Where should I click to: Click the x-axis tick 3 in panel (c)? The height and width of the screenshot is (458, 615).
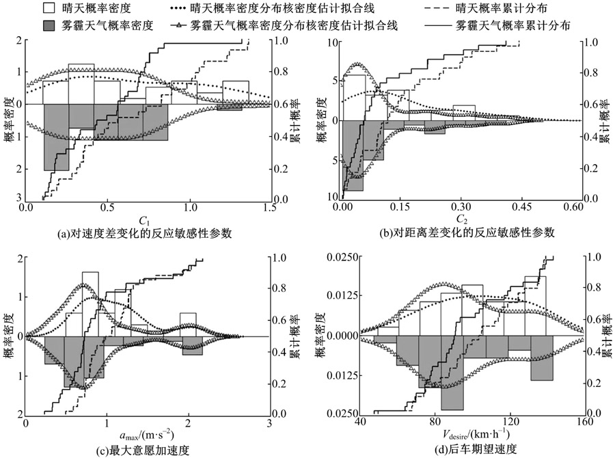point(271,422)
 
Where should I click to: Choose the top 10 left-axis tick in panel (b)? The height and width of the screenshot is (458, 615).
point(335,42)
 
